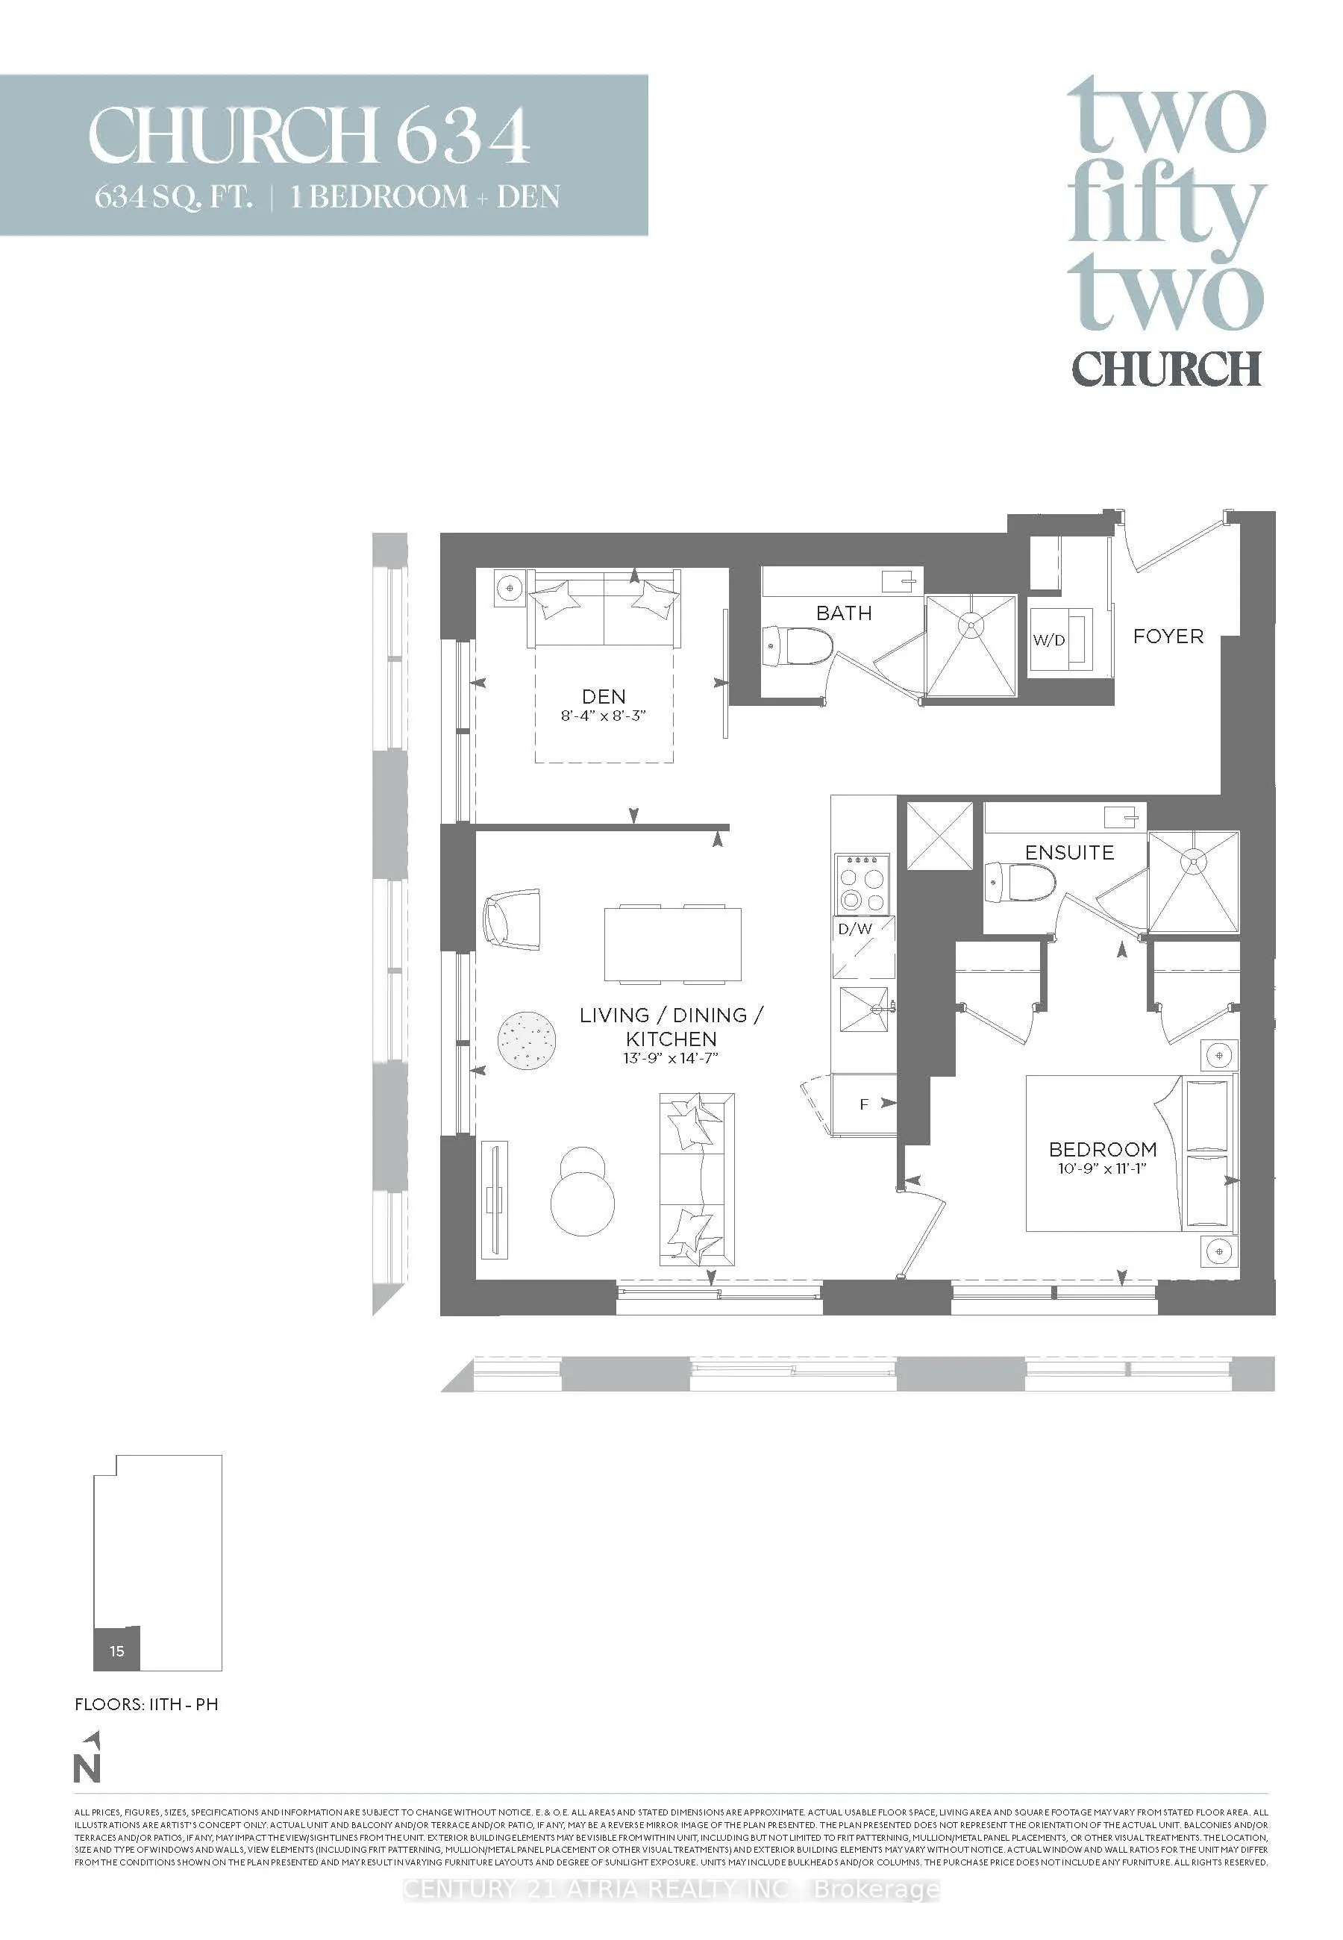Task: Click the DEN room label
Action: point(604,697)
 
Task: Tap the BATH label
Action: point(844,613)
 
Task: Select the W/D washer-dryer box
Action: point(1051,639)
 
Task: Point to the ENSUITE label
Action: point(1068,852)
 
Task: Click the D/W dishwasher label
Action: point(855,930)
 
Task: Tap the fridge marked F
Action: point(864,1104)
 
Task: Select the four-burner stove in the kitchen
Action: point(863,883)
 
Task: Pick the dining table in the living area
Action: point(673,944)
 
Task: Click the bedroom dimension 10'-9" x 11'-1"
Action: point(1102,1168)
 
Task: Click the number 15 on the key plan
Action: point(117,1650)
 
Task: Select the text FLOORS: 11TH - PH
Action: point(146,1703)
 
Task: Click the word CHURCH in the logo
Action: point(1166,369)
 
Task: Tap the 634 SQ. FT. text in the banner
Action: point(173,197)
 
